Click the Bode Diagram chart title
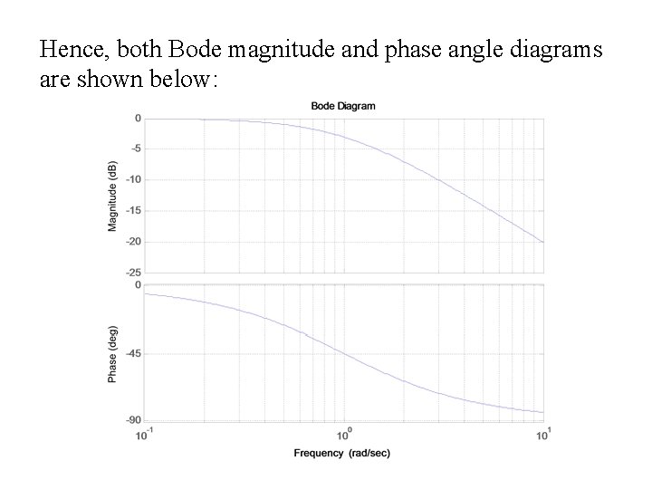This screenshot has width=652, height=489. coord(343,106)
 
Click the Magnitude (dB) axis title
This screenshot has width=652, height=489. coord(113,196)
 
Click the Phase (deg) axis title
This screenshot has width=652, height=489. coord(113,352)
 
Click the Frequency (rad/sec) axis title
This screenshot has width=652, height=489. coord(343,452)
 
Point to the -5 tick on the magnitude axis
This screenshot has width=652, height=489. coord(133,149)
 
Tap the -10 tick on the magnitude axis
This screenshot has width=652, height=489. coord(131,179)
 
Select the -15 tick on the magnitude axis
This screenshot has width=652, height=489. coord(131,210)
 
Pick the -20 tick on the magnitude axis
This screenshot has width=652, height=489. coord(131,241)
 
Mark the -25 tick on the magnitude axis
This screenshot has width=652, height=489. coord(131,272)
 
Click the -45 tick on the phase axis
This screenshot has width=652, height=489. coord(131,353)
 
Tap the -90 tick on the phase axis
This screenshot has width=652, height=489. coord(131,420)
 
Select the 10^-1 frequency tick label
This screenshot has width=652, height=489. coord(145,436)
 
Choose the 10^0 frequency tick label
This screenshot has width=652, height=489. coord(344,436)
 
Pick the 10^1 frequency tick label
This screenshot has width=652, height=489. coord(543,436)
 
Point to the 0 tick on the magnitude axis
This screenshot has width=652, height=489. coord(137,118)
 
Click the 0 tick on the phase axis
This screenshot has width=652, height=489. coord(137,285)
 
